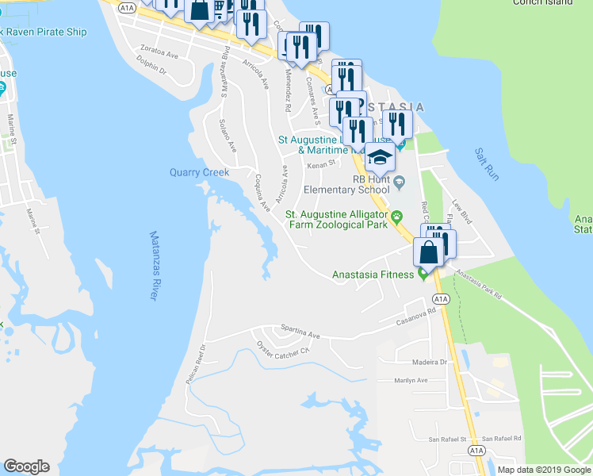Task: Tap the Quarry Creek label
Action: [x=199, y=172]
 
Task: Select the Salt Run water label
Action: [x=487, y=163]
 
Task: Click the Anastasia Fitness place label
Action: [x=373, y=274]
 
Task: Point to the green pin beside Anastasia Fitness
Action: [x=423, y=274]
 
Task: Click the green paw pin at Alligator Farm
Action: [x=399, y=217]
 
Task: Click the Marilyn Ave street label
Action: [x=411, y=380]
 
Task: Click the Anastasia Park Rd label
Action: [x=480, y=286]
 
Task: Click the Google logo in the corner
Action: [x=26, y=466]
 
